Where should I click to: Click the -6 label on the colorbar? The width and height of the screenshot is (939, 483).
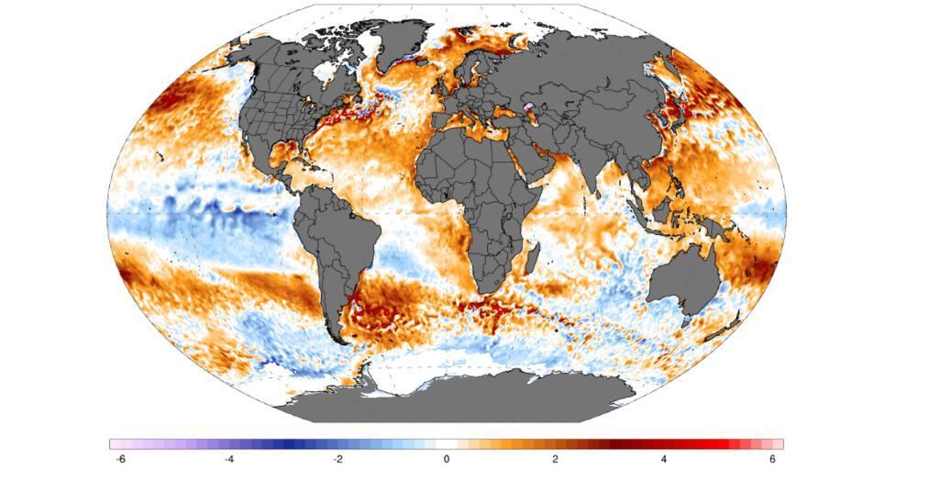click(119, 459)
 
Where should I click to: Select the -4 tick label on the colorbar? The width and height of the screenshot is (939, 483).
click(227, 459)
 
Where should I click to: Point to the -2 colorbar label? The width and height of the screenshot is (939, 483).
click(337, 459)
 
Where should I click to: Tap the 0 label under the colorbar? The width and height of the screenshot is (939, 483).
click(447, 459)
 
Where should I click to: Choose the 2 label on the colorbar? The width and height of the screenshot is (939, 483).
click(555, 459)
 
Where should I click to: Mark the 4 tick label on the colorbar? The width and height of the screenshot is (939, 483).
click(664, 459)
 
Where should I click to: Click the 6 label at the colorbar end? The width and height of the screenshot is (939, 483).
click(773, 459)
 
